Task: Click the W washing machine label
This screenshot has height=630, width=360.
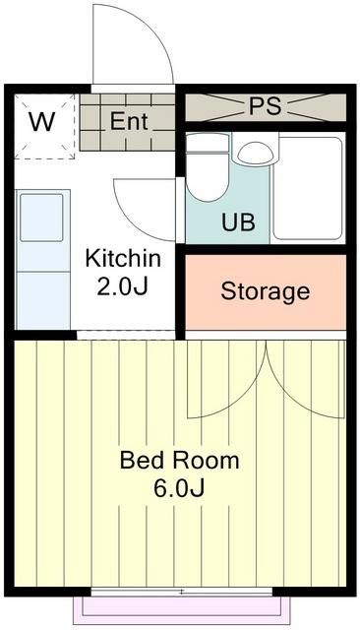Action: click(41, 122)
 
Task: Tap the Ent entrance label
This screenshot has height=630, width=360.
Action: click(129, 122)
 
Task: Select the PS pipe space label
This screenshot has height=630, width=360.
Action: click(264, 106)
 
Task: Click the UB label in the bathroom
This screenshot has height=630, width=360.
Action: click(238, 221)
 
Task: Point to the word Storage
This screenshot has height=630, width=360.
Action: click(265, 291)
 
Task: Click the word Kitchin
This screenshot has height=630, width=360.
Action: click(122, 259)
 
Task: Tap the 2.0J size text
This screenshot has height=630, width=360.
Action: click(122, 286)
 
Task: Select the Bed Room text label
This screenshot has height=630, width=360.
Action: click(179, 460)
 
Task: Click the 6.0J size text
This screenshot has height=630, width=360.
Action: click(179, 488)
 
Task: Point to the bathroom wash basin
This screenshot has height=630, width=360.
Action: click(256, 153)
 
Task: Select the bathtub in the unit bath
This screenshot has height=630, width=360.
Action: click(307, 187)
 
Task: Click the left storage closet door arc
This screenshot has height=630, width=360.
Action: click(228, 379)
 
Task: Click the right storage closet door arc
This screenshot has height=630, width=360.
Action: click(305, 379)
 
